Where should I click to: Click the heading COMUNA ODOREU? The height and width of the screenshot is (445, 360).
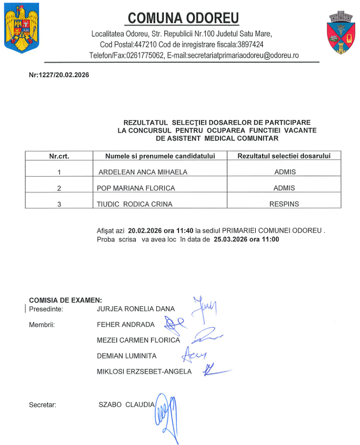[x=183, y=18]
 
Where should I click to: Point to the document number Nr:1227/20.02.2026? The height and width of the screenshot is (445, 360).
[x=59, y=75]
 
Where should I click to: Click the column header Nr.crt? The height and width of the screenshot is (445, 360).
[x=59, y=156]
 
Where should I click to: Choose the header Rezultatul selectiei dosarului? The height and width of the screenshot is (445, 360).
[x=284, y=156]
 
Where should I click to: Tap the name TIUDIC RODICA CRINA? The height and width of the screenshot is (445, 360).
[x=135, y=204]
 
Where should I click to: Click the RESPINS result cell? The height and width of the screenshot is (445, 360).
[x=285, y=204]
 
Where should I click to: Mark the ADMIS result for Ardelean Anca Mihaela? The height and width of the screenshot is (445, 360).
[x=285, y=171]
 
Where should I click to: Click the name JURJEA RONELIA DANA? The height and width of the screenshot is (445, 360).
[x=136, y=309]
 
